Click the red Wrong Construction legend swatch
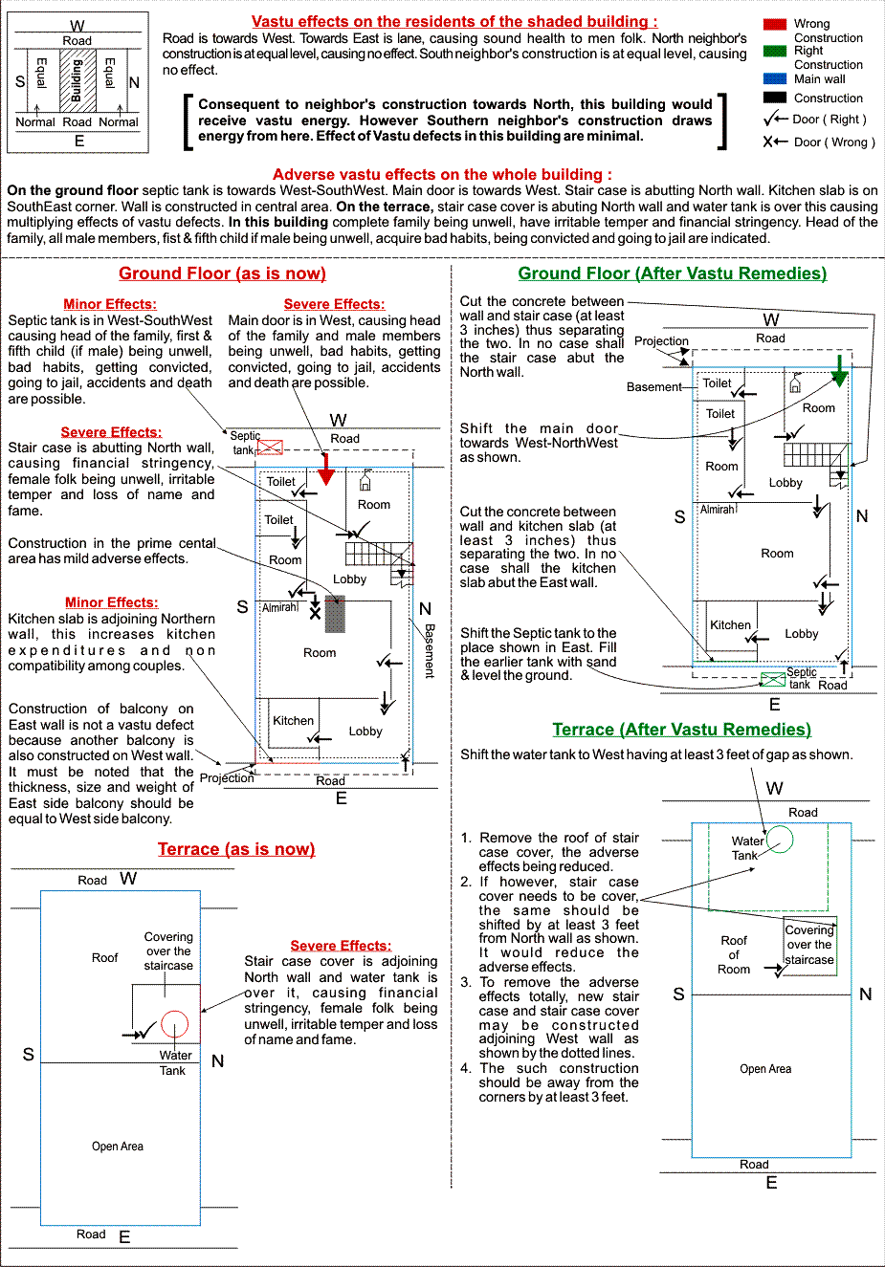point(775,24)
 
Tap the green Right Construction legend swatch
point(775,51)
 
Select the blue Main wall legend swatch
point(775,78)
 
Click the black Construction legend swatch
point(775,98)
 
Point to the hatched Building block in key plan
point(77,81)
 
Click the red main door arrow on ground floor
point(326,469)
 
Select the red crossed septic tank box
point(271,447)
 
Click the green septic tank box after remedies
point(773,679)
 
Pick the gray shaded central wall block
point(334,614)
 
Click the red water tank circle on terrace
point(174,1024)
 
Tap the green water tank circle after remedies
point(780,840)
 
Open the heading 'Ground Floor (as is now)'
point(222,273)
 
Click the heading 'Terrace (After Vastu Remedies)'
point(681,730)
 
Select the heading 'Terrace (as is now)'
point(236,849)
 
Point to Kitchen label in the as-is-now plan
point(293,721)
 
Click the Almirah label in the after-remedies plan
point(718,510)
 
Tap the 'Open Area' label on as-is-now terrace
point(118,1147)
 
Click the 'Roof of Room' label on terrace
point(734,954)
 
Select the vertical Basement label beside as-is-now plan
point(430,650)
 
